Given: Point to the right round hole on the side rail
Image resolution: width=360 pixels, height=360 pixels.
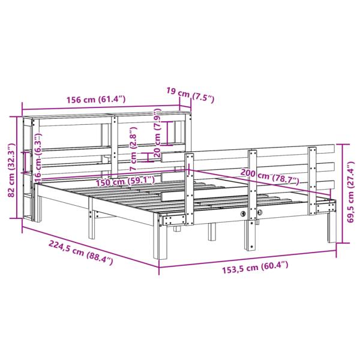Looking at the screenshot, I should point(259,214).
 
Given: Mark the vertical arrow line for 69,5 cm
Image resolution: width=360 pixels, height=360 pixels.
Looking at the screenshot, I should point(342,192).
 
